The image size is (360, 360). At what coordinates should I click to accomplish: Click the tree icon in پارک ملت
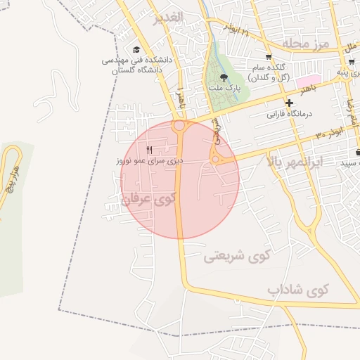pyautogui.click(x=224, y=78)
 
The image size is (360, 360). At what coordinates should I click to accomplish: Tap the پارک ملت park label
pyautogui.click(x=224, y=89)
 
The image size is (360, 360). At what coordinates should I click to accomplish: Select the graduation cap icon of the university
pyautogui.click(x=136, y=49)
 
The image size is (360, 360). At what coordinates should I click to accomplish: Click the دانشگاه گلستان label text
pyautogui.click(x=133, y=70)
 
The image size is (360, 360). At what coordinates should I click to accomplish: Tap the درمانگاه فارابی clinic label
pyautogui.click(x=289, y=113)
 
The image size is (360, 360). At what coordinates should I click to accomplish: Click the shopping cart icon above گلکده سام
pyautogui.click(x=268, y=57)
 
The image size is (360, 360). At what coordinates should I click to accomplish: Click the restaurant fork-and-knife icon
pyautogui.click(x=149, y=150)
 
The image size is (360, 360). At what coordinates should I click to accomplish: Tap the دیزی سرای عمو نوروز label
pyautogui.click(x=150, y=161)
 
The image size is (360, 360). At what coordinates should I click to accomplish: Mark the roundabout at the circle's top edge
pyautogui.click(x=179, y=126)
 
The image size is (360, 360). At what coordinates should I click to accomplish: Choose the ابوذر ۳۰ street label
pyautogui.click(x=329, y=133)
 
